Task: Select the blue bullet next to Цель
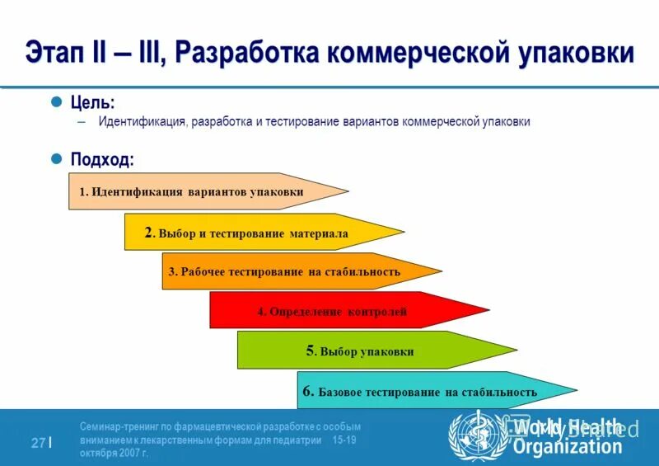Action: coord(57,101)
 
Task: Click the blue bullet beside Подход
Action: coord(57,158)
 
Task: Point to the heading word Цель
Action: coord(92,102)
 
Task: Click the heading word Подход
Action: coord(101,159)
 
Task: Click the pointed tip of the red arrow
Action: coord(487,311)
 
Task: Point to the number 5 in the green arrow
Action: coord(311,351)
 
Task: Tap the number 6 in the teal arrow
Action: coord(307,391)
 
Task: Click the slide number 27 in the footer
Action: coord(38,443)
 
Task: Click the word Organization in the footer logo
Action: coord(568,447)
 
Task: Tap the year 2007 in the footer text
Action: coord(129,453)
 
